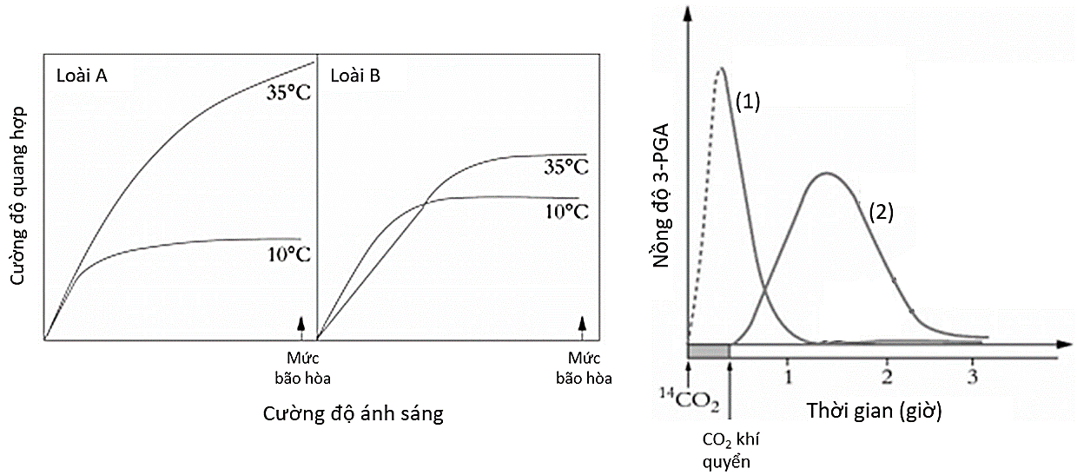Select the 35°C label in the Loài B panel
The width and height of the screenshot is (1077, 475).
[x=565, y=167]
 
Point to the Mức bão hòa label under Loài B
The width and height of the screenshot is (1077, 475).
[x=583, y=367]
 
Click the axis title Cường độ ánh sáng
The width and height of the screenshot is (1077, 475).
[x=353, y=414]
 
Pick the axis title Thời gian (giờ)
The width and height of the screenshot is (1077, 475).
[x=875, y=410]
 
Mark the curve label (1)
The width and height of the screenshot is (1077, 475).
[x=748, y=102]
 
